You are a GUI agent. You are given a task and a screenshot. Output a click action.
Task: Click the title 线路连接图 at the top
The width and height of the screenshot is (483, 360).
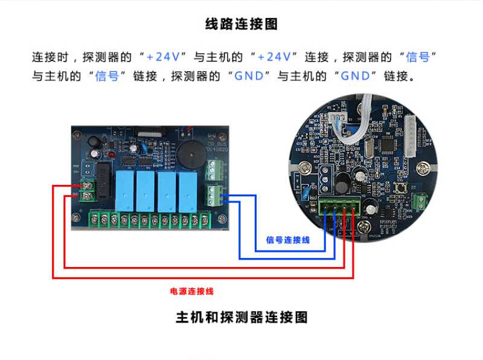(x=241, y=25)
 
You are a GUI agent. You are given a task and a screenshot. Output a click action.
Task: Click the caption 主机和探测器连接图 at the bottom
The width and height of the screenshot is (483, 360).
(x=241, y=317)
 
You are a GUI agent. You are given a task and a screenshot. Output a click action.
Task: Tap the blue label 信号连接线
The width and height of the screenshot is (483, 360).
(x=288, y=240)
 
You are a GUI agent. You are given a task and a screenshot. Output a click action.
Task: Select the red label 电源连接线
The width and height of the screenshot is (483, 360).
(x=192, y=291)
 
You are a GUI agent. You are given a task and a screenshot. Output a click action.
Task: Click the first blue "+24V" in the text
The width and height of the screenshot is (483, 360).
(x=159, y=57)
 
